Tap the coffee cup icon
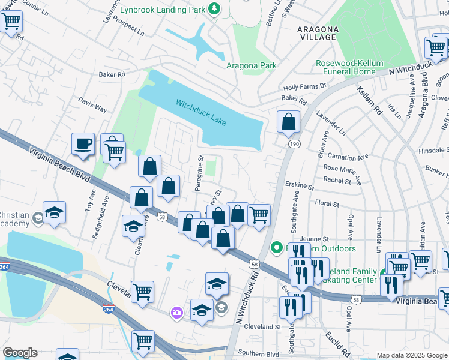(83, 144)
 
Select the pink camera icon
(176, 312)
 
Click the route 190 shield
(294, 144)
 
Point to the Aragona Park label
(251, 65)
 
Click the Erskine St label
(301, 187)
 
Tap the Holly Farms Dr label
(304, 86)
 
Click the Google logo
(20, 353)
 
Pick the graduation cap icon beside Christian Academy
(54, 213)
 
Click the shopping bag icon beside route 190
(289, 121)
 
